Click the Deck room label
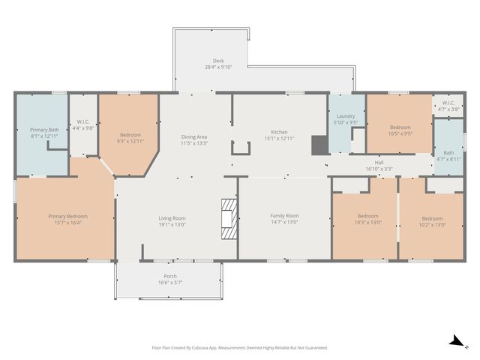[218, 61]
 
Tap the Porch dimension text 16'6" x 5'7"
[170, 283]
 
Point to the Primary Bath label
[44, 130]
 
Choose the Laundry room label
[346, 116]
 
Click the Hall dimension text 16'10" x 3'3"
[379, 169]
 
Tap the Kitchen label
[279, 132]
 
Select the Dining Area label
[194, 136]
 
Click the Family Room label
[284, 215]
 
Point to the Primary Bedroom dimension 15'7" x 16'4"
[68, 223]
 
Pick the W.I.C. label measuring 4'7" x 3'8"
[448, 103]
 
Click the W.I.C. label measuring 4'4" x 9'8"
[83, 121]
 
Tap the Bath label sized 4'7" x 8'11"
[448, 152]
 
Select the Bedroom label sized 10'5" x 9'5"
[400, 127]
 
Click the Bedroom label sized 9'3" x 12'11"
[130, 135]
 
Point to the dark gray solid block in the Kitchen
[320, 145]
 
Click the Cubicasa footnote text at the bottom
[240, 348]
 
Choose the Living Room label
[172, 218]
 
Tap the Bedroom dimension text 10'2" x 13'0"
[432, 225]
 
